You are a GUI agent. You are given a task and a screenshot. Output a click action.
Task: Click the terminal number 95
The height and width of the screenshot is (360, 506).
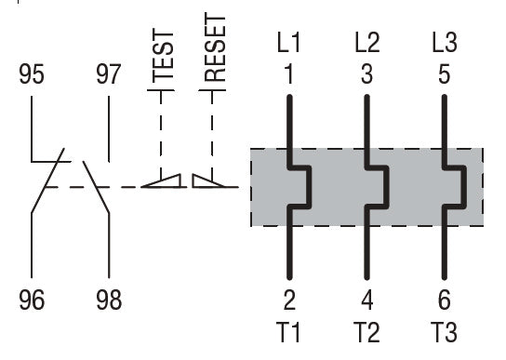(x=32, y=74)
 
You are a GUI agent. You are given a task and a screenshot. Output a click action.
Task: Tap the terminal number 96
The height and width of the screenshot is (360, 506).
(x=32, y=300)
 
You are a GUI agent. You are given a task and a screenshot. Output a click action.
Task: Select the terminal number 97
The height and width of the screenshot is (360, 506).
(x=109, y=74)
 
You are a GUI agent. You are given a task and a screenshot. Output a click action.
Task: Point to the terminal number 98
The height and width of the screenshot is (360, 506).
(x=109, y=300)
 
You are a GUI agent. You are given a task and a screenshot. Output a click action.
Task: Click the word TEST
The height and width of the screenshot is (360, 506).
(x=163, y=56)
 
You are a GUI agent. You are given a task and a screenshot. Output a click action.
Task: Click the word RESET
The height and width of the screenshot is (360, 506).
(x=215, y=47)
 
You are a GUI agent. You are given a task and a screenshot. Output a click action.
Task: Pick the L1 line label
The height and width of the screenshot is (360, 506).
(x=289, y=42)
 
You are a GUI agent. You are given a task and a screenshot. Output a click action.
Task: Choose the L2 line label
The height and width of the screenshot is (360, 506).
(x=366, y=42)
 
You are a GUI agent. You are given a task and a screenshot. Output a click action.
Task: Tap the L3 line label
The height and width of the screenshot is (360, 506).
(x=445, y=42)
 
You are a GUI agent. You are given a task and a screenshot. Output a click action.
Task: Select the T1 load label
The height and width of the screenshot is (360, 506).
(x=288, y=332)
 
